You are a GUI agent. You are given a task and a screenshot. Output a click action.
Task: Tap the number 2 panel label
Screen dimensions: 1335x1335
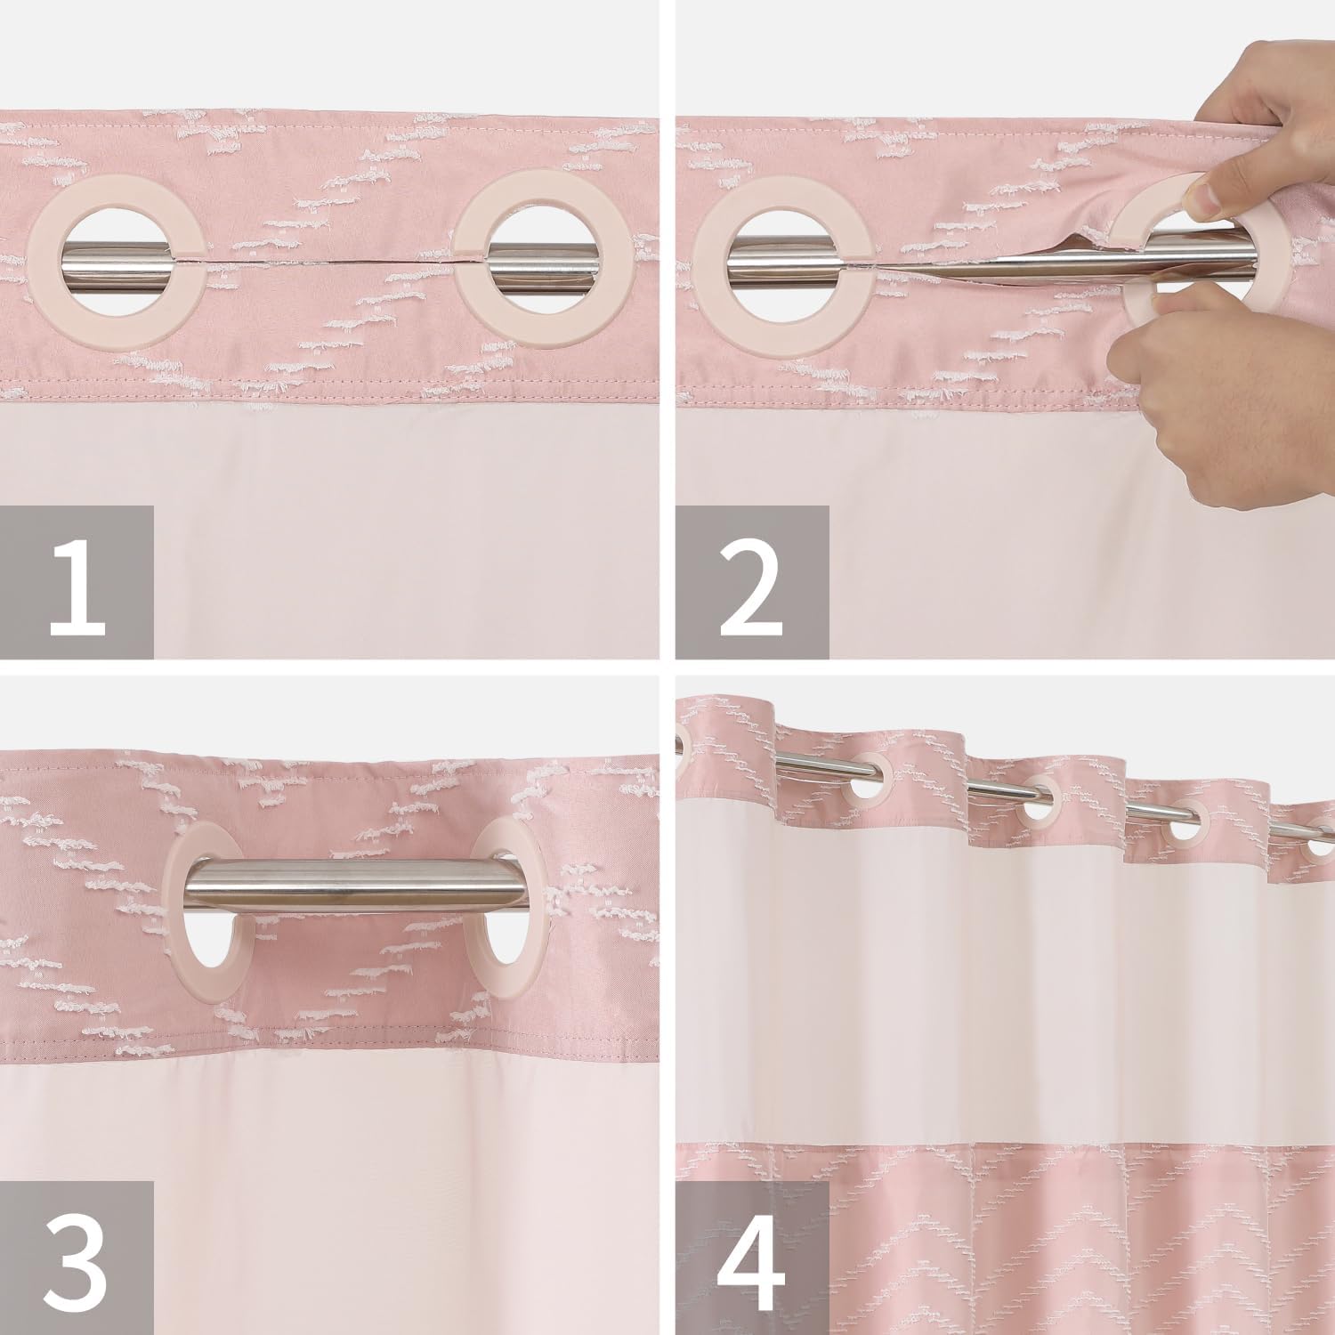(752, 583)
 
